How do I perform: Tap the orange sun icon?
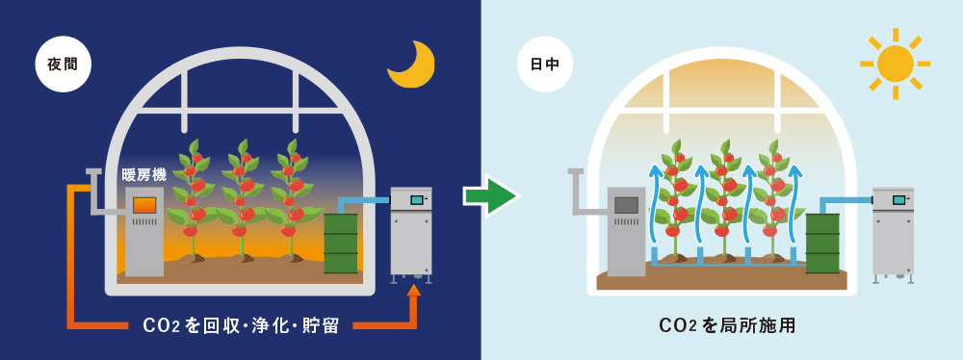tap(895, 64)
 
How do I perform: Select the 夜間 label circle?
tap(63, 64)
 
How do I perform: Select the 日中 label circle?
tap(545, 64)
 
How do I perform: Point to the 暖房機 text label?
tap(144, 174)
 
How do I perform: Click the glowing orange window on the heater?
tap(144, 204)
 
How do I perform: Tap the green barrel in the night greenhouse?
tap(341, 242)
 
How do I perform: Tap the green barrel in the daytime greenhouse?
tap(822, 243)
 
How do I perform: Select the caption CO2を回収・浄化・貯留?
tap(241, 325)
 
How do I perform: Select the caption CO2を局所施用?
tap(727, 325)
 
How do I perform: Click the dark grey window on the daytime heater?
tap(626, 204)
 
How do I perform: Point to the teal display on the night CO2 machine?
tap(417, 200)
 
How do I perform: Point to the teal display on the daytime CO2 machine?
tap(898, 200)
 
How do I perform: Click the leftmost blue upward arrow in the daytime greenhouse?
tap(654, 202)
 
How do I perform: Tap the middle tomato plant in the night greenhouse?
tap(241, 202)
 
